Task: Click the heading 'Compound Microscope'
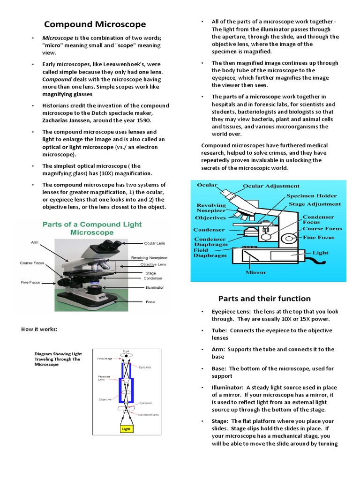pos(95,24)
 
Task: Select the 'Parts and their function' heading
pos(264,299)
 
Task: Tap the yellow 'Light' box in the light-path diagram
pos(126,428)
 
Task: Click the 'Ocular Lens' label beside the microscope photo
pos(154,243)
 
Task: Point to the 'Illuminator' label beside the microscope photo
pos(154,288)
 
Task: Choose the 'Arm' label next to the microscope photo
pos(35,242)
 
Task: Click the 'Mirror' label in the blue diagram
pos(255,272)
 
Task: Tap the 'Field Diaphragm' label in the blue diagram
pos(210,253)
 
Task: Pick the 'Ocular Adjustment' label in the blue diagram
pos(271,186)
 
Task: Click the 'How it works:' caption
pos(39,329)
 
